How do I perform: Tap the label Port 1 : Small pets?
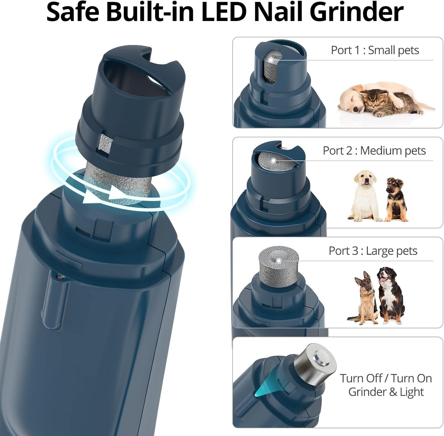(375, 50)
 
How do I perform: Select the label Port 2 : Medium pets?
(374, 151)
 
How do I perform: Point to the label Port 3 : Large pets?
(373, 251)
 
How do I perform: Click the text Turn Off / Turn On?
(386, 378)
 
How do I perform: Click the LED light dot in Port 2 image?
(273, 160)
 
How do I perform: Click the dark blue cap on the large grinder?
(130, 104)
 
